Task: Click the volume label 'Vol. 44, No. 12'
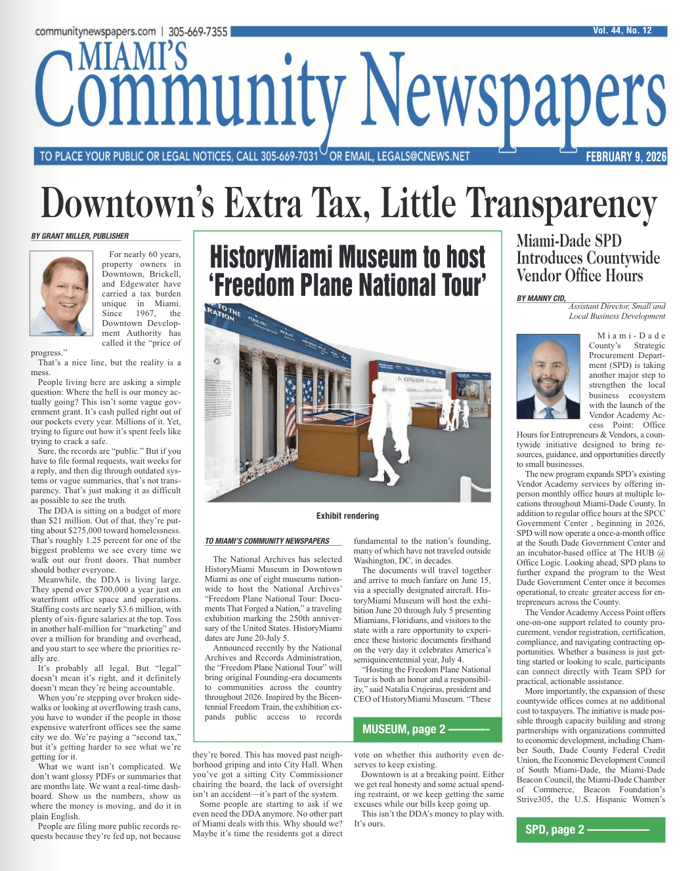point(622,31)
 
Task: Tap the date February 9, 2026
point(626,157)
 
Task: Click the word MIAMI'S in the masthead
point(133,56)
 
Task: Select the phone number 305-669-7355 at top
point(198,31)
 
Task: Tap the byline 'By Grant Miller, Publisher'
point(80,236)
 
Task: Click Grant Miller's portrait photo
point(62,293)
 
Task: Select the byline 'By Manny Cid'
point(541,298)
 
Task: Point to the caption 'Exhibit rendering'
point(347,516)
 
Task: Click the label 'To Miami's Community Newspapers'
point(267,541)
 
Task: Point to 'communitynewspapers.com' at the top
point(95,31)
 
